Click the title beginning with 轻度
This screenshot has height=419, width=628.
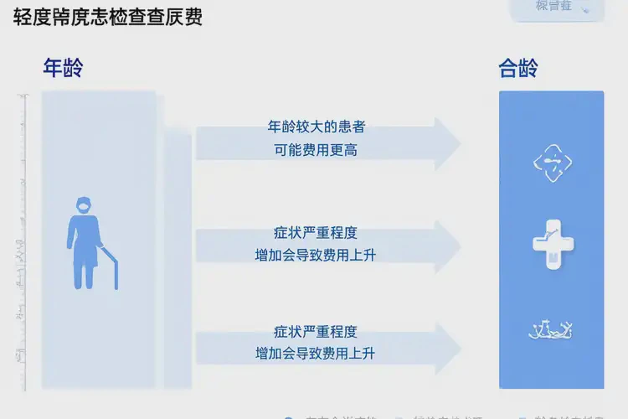click(x=108, y=18)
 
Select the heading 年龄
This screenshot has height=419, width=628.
click(x=64, y=69)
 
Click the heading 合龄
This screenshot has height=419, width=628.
click(x=518, y=69)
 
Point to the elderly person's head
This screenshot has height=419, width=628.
click(x=83, y=205)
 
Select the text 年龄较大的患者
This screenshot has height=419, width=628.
click(x=316, y=127)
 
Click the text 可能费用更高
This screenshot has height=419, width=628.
click(x=316, y=151)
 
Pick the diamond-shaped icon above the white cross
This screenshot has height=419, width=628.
click(x=553, y=163)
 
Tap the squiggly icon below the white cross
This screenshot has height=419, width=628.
click(x=552, y=330)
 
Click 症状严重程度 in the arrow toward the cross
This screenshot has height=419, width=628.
click(x=316, y=232)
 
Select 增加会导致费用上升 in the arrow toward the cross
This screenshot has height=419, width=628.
click(x=316, y=255)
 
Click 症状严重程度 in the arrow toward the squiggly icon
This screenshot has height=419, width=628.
click(x=316, y=332)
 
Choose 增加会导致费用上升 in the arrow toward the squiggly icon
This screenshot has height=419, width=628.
click(x=316, y=354)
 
